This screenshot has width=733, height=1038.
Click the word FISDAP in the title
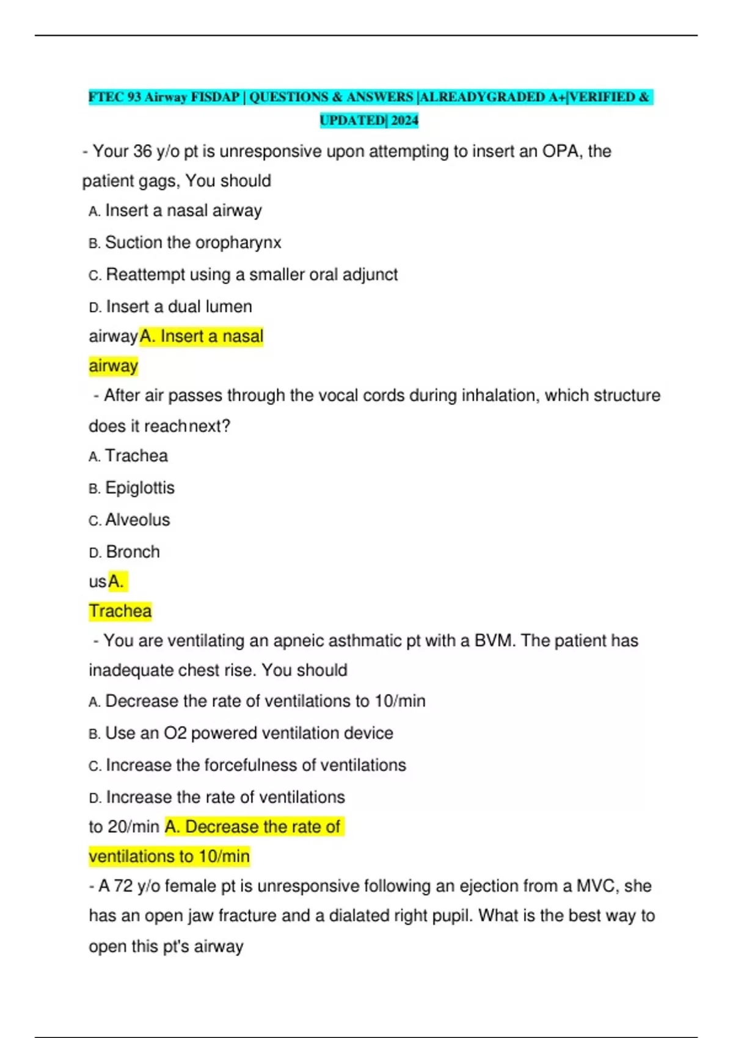(x=214, y=97)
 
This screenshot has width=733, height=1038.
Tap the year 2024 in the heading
(x=404, y=120)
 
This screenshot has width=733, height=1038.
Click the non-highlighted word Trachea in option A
(x=136, y=455)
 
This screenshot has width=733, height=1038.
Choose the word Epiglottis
(x=140, y=488)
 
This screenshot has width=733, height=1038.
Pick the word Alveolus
(x=137, y=520)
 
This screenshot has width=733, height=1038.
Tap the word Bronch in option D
(x=133, y=552)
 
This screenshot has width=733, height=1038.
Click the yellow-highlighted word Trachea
(x=120, y=611)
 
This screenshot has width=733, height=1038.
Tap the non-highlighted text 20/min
(x=133, y=827)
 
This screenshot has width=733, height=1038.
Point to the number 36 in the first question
(x=142, y=151)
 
